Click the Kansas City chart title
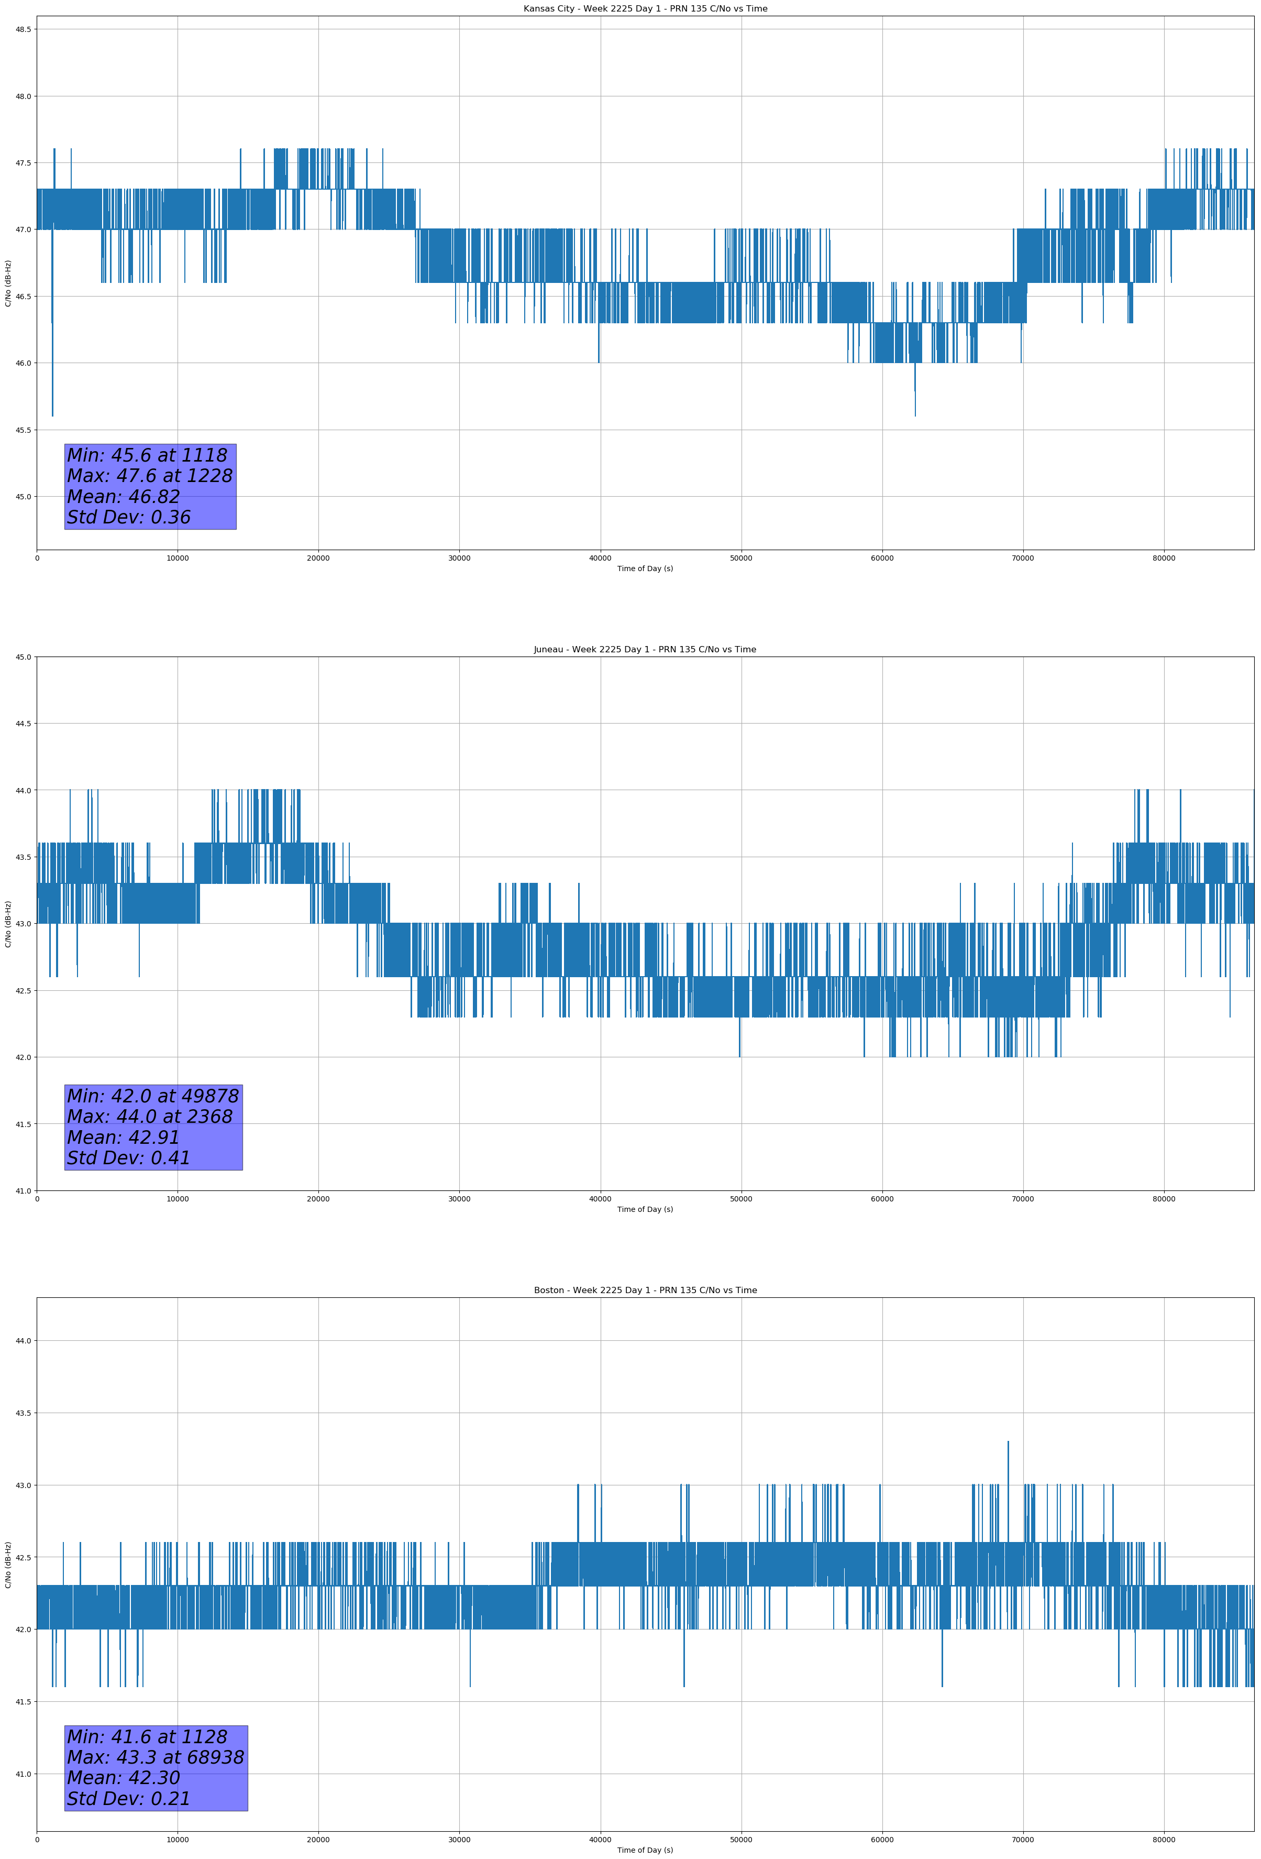point(645,9)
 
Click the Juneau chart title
point(645,650)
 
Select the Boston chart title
point(645,1291)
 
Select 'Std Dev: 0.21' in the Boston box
point(128,1799)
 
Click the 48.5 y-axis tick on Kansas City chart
point(23,29)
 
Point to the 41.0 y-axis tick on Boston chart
point(23,1774)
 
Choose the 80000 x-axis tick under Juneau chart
point(1164,1199)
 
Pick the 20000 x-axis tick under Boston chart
point(318,1840)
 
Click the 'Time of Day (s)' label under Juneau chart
point(645,1209)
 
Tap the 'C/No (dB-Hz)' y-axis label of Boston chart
point(8,1565)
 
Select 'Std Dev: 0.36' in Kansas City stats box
point(128,518)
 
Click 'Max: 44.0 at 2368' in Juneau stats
point(150,1117)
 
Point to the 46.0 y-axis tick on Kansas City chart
point(23,363)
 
